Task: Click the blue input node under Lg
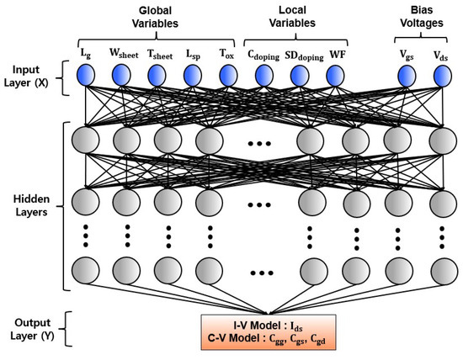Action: pos(84,77)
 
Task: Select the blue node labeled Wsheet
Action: pos(123,77)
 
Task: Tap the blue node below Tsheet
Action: pos(159,77)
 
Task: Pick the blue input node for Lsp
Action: pos(194,77)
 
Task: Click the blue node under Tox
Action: pos(228,77)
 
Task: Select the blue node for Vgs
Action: pos(407,77)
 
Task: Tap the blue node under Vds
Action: pos(442,77)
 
